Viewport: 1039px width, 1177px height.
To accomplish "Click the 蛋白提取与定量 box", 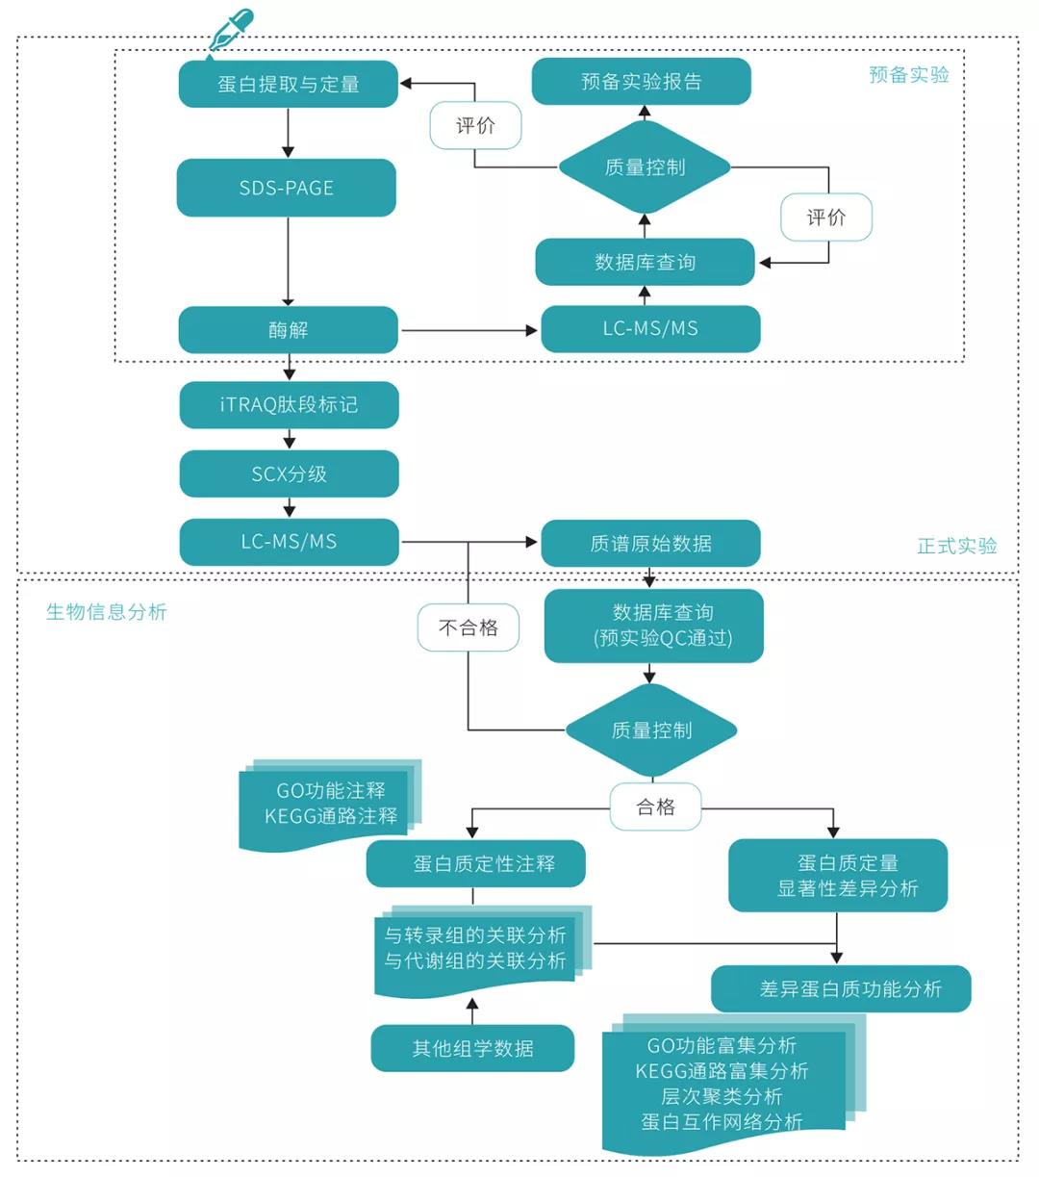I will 288,84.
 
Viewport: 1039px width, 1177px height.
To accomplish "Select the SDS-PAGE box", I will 286,188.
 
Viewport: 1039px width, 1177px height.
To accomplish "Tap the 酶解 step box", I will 288,330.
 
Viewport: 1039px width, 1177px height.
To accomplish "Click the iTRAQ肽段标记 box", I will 289,404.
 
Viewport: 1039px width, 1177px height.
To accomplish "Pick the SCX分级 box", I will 289,473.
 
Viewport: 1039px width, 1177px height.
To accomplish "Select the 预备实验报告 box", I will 641,82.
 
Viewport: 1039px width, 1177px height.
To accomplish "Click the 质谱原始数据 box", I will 650,543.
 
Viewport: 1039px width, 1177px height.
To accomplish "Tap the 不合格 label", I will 469,627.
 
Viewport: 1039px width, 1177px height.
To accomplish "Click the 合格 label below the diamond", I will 655,806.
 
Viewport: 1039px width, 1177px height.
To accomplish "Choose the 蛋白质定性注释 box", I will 475,863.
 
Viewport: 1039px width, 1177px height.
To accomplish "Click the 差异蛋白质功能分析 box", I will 841,988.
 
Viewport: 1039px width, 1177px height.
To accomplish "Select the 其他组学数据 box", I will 472,1048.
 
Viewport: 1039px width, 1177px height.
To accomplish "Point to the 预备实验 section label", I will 908,75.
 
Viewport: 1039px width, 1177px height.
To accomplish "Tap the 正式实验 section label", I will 956,546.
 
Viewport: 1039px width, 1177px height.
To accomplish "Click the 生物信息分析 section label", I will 106,612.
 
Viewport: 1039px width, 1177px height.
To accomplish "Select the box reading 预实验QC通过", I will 653,626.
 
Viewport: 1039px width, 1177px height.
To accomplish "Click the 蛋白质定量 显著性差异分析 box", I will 838,875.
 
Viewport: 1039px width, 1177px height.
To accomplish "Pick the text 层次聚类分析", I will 722,1096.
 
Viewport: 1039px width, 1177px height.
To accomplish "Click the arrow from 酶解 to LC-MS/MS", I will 469,330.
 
